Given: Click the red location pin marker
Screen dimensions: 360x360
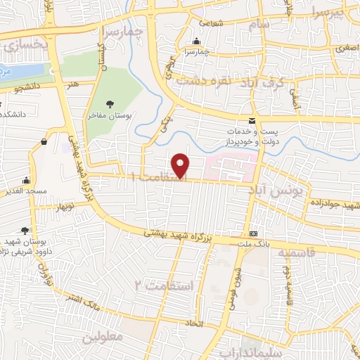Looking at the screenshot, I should pos(181,166).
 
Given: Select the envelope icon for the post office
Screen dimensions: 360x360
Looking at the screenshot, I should pos(252,120).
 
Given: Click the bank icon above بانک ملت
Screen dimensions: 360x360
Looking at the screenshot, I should pos(254,233).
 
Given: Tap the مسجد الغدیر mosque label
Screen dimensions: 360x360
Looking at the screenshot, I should pos(27,191).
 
